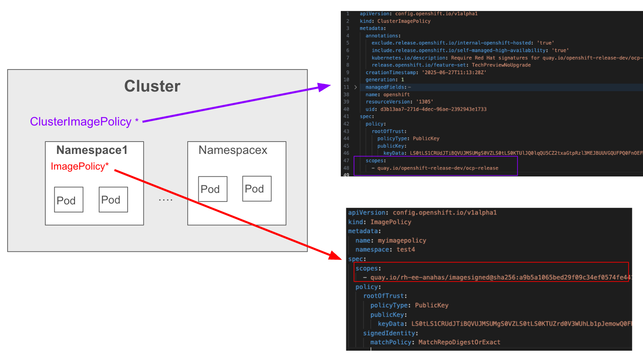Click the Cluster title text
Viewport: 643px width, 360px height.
click(152, 86)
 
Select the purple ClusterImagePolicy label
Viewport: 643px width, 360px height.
click(81, 122)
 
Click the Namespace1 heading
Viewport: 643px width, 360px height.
click(92, 150)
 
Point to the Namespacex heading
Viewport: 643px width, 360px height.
click(233, 150)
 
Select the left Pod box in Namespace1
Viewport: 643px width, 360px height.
click(69, 200)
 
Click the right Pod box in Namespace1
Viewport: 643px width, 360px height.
click(113, 199)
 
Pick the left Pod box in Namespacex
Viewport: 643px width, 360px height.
click(213, 189)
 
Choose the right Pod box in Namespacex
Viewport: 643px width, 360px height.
click(257, 189)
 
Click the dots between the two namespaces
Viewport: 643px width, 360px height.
click(165, 200)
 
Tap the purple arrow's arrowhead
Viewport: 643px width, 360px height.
click(326, 87)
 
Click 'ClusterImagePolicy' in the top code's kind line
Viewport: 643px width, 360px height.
click(404, 21)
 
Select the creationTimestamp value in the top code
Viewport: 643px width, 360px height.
click(454, 73)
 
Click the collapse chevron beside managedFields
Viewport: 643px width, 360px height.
click(356, 87)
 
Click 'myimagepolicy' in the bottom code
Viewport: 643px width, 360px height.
click(402, 240)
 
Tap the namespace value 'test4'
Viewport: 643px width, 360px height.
click(406, 250)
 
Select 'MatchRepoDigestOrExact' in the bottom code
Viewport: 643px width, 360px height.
click(459, 342)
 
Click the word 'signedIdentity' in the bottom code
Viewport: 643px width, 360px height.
click(389, 333)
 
